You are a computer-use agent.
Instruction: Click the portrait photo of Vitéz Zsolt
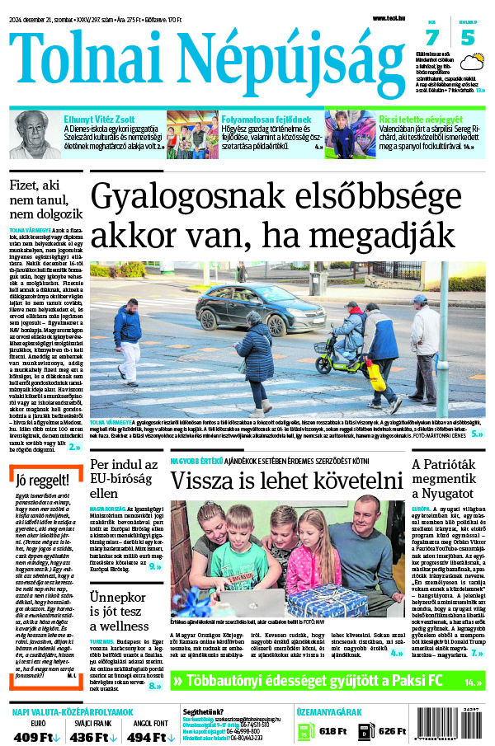click(x=35, y=134)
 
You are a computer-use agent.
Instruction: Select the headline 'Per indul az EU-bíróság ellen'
click(x=123, y=481)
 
